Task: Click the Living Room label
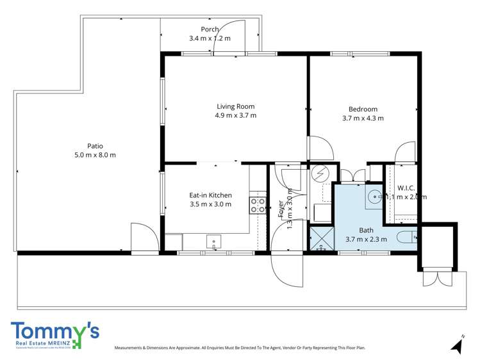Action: pos(235,106)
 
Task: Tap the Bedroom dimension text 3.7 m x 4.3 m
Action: pos(363,118)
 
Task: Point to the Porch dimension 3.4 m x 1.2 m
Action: pos(210,38)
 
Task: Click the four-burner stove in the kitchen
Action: pos(258,205)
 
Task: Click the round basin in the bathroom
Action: pos(373,195)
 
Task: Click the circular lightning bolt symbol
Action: pos(319,174)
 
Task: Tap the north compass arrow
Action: pos(457,345)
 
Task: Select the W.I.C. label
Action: pos(406,188)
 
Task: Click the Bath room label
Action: pos(365,230)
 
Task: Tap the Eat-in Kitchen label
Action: pos(210,195)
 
